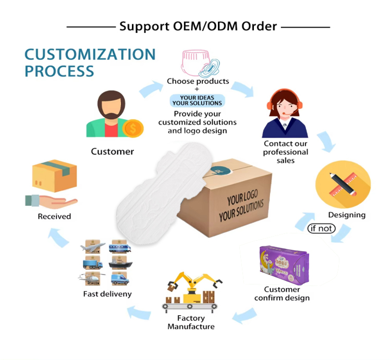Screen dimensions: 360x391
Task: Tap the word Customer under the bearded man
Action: [112, 152]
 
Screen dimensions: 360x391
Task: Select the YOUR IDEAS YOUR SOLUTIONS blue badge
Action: [197, 100]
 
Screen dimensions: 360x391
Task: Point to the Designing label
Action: [347, 215]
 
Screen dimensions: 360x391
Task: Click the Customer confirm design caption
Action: [282, 294]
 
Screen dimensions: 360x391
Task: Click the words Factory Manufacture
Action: [191, 322]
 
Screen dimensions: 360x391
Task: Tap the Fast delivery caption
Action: [107, 294]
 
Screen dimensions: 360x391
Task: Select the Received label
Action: [54, 216]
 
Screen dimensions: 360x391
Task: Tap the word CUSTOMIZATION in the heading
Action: [90, 54]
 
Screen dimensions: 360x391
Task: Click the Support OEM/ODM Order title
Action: [198, 26]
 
